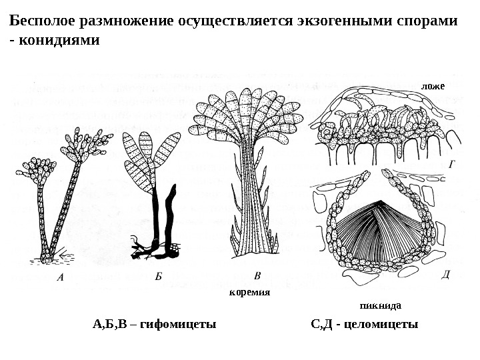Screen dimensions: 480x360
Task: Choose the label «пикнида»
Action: click(380, 307)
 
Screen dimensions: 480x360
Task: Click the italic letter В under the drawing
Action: click(259, 275)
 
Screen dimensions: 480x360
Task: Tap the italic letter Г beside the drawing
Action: click(453, 161)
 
